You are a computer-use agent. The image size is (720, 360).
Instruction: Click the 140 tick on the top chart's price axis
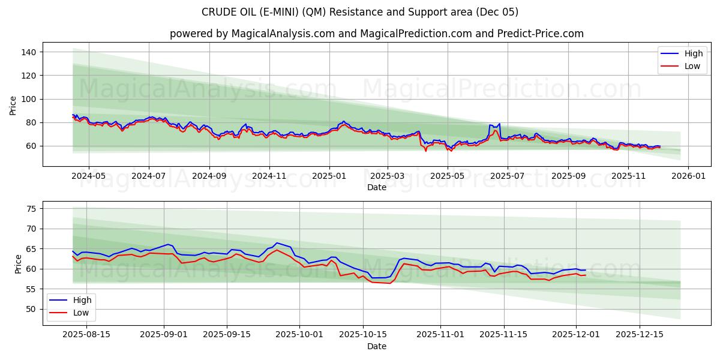[x=29, y=52]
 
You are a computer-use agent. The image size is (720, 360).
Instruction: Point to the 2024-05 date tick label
[x=88, y=176]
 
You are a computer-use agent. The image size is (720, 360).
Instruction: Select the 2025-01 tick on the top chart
[x=328, y=176]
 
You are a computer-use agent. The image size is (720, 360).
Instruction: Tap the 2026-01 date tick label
[x=688, y=176]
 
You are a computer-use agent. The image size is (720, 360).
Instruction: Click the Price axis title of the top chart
[x=13, y=105]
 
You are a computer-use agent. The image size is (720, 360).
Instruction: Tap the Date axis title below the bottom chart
[x=376, y=346]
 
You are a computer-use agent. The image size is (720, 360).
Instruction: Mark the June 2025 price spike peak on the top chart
[x=499, y=124]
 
